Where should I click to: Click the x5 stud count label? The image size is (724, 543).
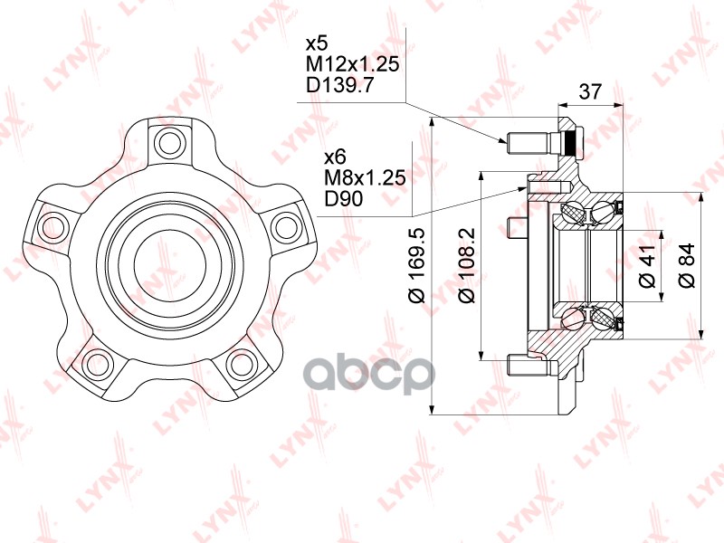(x=317, y=43)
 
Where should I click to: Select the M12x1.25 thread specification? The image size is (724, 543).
(x=352, y=64)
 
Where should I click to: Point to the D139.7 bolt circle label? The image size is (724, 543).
(x=339, y=85)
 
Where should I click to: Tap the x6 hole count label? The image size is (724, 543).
(x=335, y=157)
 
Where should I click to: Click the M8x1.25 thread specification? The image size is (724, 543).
(x=366, y=177)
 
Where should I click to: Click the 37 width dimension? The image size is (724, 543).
(x=591, y=91)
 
